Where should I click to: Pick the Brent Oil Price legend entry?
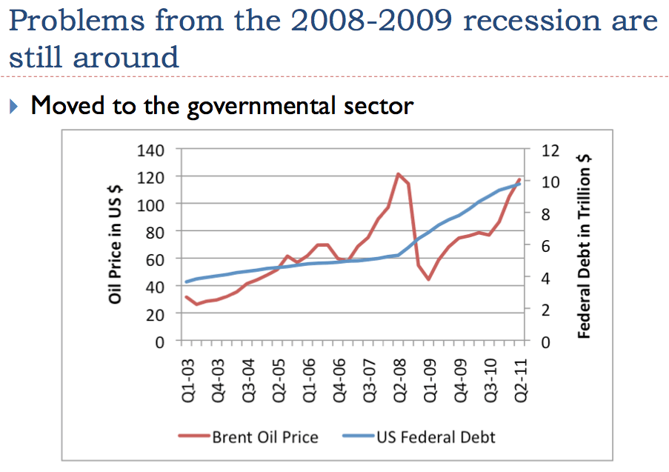click(264, 436)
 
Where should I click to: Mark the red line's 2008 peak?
click(398, 174)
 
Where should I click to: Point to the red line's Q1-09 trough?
click(428, 279)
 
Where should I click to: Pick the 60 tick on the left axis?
click(154, 259)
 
